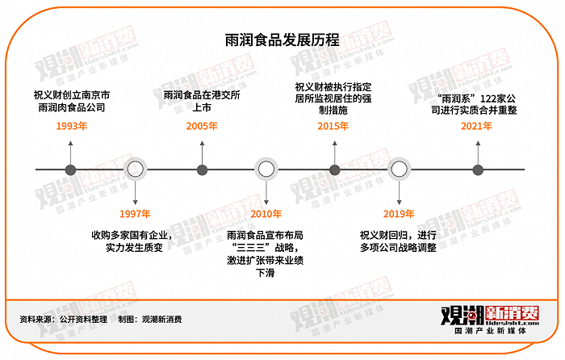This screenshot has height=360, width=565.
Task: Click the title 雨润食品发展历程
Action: point(282,40)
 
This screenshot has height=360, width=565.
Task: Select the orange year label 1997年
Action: point(135,214)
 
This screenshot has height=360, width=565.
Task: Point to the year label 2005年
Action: point(201,127)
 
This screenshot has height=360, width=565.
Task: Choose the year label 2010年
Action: point(266,214)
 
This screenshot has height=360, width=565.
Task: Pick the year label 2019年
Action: point(399,214)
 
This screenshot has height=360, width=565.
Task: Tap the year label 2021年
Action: point(476,127)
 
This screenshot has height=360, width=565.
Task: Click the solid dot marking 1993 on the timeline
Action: point(70,170)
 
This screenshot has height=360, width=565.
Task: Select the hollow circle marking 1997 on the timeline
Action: point(136,170)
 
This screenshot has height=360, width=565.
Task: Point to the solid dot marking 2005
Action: point(201,170)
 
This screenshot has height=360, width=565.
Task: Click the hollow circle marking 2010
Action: point(266,170)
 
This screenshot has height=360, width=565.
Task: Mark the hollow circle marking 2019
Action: point(399,170)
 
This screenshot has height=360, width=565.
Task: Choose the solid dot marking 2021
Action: point(477,170)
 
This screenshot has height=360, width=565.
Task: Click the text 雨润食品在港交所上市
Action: point(201,101)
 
